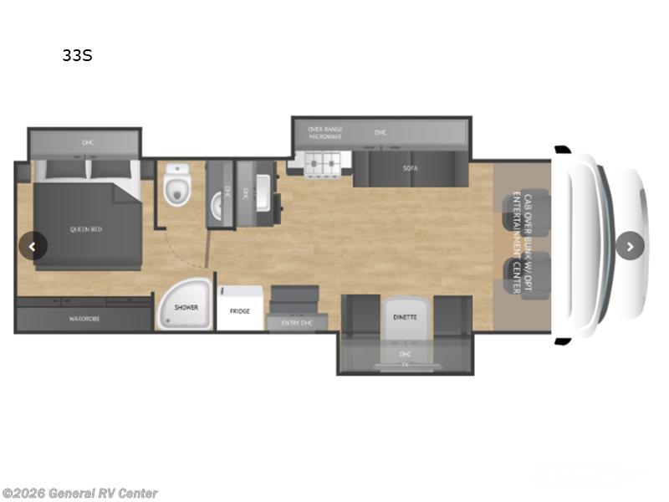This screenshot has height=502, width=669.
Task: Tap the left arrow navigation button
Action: click(33, 246)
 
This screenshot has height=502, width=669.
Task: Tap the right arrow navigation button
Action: click(630, 246)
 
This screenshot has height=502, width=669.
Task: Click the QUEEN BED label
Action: click(85, 228)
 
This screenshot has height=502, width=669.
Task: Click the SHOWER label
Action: click(186, 307)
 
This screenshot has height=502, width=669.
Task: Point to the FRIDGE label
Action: click(240, 310)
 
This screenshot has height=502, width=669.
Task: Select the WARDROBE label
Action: click(84, 319)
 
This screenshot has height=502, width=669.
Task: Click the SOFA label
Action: click(410, 168)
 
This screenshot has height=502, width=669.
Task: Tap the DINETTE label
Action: click(406, 318)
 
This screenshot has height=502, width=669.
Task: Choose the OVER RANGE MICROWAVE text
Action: click(325, 132)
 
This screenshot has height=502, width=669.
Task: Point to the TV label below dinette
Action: click(405, 364)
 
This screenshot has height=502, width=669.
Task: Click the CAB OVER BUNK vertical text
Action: click(522, 243)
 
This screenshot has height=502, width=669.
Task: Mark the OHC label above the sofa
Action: click(380, 132)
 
